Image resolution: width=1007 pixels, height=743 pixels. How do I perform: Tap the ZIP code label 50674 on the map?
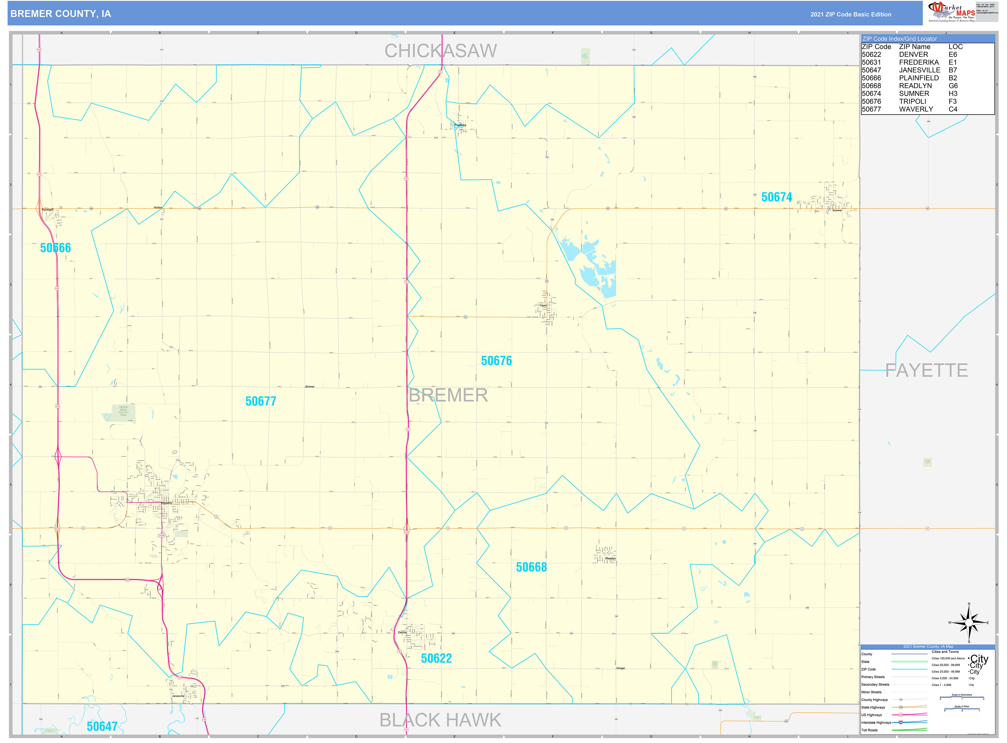pos(776,197)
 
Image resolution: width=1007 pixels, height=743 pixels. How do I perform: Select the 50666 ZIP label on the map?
pos(55,248)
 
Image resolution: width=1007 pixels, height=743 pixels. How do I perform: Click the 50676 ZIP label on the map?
pos(496,361)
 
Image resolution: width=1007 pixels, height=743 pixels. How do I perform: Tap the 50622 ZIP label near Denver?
pos(436,658)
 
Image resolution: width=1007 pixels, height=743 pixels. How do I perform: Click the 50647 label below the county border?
pos(102,726)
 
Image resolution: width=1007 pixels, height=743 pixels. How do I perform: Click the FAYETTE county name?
pos(926,371)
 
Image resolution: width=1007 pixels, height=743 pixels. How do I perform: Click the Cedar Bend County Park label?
pos(123,411)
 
